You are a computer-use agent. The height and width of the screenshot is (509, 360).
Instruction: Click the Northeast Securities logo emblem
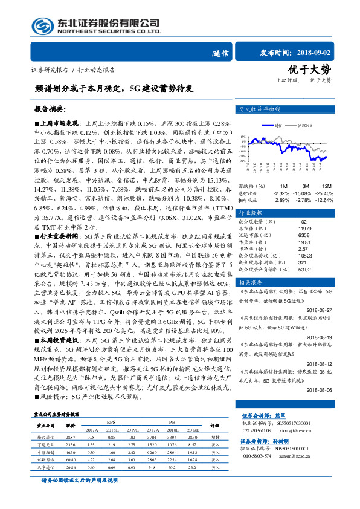point(30,26)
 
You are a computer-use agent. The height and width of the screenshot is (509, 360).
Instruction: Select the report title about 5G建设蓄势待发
point(115,88)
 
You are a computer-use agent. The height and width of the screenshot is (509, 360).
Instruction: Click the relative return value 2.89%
point(282,199)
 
